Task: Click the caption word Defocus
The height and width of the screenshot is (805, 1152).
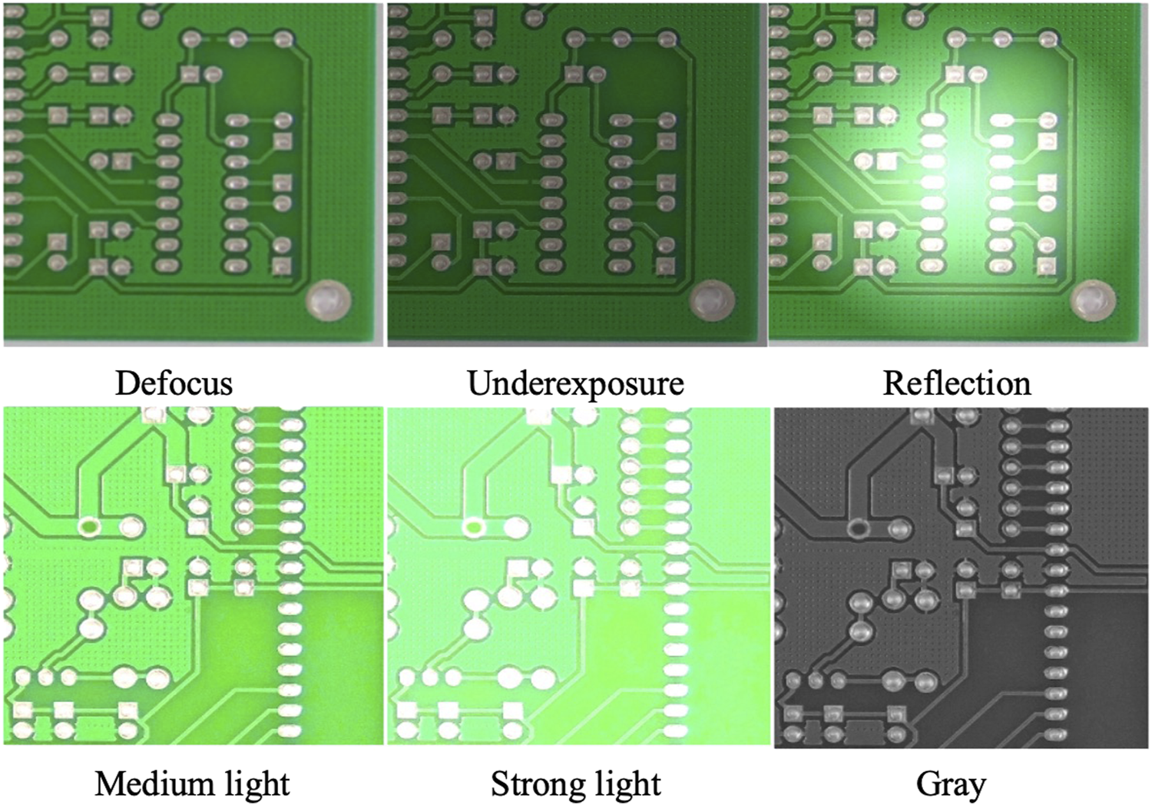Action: click(174, 383)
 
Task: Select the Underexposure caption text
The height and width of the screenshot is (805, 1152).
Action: click(575, 383)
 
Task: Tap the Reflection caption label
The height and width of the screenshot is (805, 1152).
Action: click(956, 383)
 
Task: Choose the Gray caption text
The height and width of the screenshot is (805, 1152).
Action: click(951, 785)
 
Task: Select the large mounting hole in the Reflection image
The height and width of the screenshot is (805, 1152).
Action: click(1093, 300)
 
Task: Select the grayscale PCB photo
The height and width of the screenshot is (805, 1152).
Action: click(960, 576)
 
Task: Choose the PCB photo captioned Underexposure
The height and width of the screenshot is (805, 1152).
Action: click(576, 173)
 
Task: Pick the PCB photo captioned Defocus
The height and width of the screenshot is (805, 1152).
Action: click(192, 173)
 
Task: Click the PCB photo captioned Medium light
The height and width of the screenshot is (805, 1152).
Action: click(192, 576)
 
